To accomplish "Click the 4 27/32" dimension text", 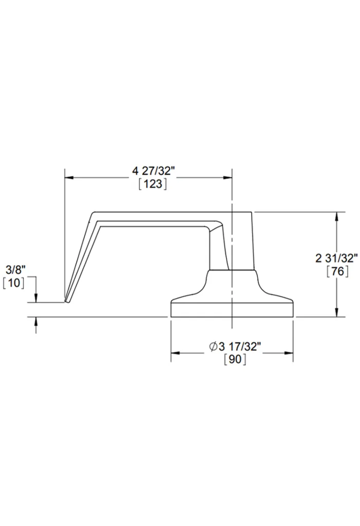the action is coord(154,171).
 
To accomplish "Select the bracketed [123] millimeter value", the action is coord(153,184).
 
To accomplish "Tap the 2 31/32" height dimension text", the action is coord(336,258).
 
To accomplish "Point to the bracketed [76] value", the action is coord(337,271).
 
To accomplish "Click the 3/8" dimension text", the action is coord(15,269).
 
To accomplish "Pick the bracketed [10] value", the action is coord(13,283).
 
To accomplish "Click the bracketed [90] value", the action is coord(235,359).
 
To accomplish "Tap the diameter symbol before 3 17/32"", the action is coord(214,346).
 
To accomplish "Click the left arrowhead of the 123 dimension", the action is coord(69,177).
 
